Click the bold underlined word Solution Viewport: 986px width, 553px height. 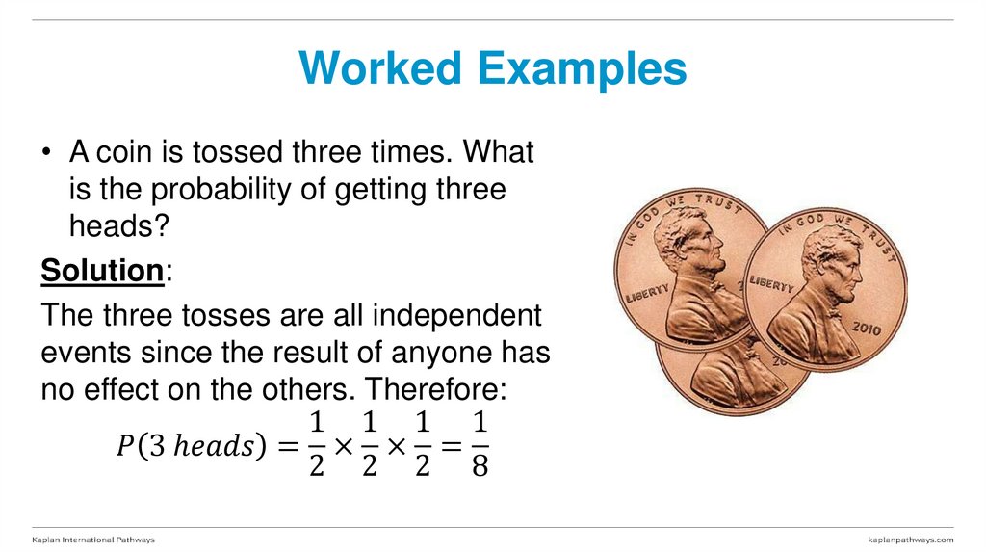[101, 271]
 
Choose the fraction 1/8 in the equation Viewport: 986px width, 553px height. [481, 445]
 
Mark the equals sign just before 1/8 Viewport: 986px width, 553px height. [454, 446]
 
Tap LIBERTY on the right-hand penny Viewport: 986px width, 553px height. [770, 285]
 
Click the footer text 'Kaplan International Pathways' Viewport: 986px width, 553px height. [93, 540]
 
